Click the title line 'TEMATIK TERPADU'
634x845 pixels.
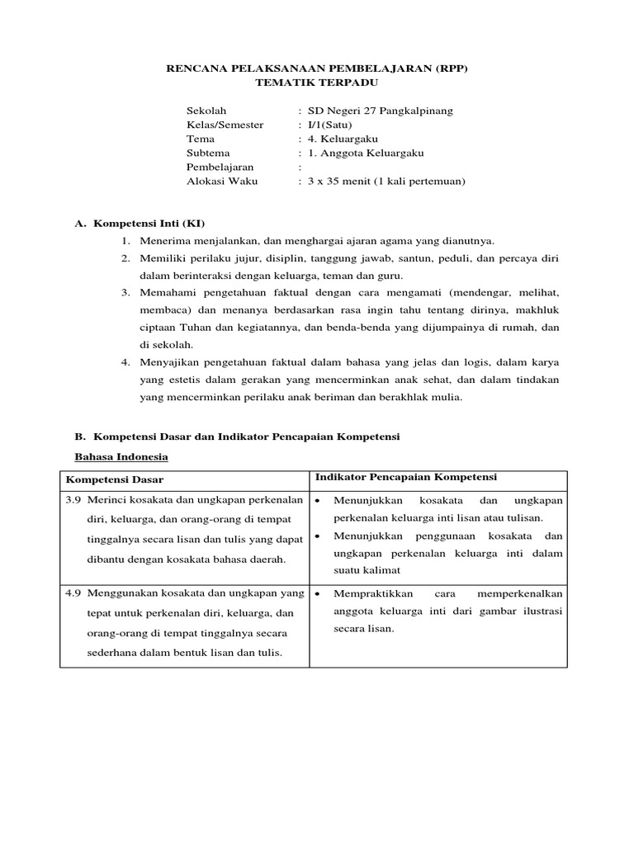[x=317, y=83]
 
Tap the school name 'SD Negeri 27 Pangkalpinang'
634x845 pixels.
[x=380, y=111]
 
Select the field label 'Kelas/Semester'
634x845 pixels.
[x=225, y=125]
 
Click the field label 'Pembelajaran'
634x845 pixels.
[x=220, y=167]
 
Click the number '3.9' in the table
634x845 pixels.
[x=73, y=501]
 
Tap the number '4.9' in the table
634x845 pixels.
[x=73, y=593]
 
